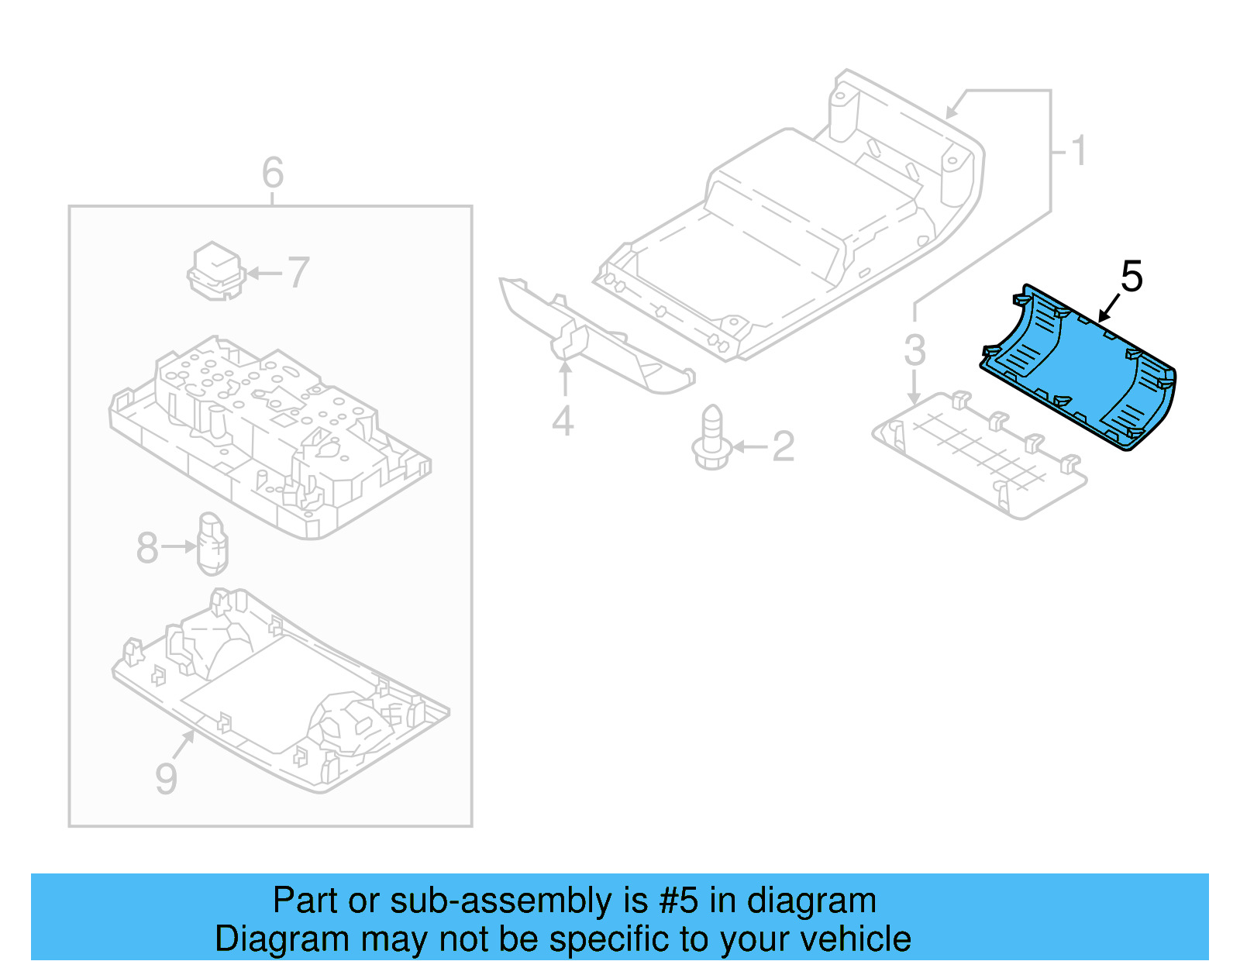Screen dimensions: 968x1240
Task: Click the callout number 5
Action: click(1131, 277)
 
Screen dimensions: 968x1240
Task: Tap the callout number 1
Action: click(1079, 150)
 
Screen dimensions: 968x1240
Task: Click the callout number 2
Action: click(784, 446)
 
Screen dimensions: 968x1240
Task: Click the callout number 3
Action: click(915, 350)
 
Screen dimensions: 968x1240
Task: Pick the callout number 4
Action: click(563, 422)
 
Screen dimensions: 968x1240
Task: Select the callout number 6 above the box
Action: click(273, 172)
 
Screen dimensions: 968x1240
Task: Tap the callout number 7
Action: click(298, 273)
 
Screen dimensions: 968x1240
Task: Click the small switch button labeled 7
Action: click(216, 271)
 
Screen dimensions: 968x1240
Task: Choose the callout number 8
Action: click(147, 548)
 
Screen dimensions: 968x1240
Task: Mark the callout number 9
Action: click(167, 778)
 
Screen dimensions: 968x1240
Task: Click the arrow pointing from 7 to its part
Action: click(265, 273)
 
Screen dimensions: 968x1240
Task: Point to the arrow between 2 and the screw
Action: click(749, 446)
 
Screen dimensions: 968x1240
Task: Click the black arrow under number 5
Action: click(1109, 308)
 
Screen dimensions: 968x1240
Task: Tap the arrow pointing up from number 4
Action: click(566, 380)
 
